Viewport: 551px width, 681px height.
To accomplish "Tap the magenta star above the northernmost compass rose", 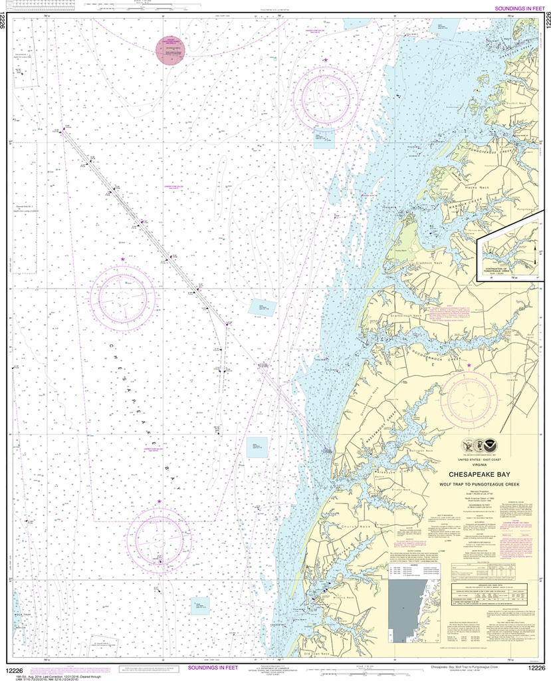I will (326, 61).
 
